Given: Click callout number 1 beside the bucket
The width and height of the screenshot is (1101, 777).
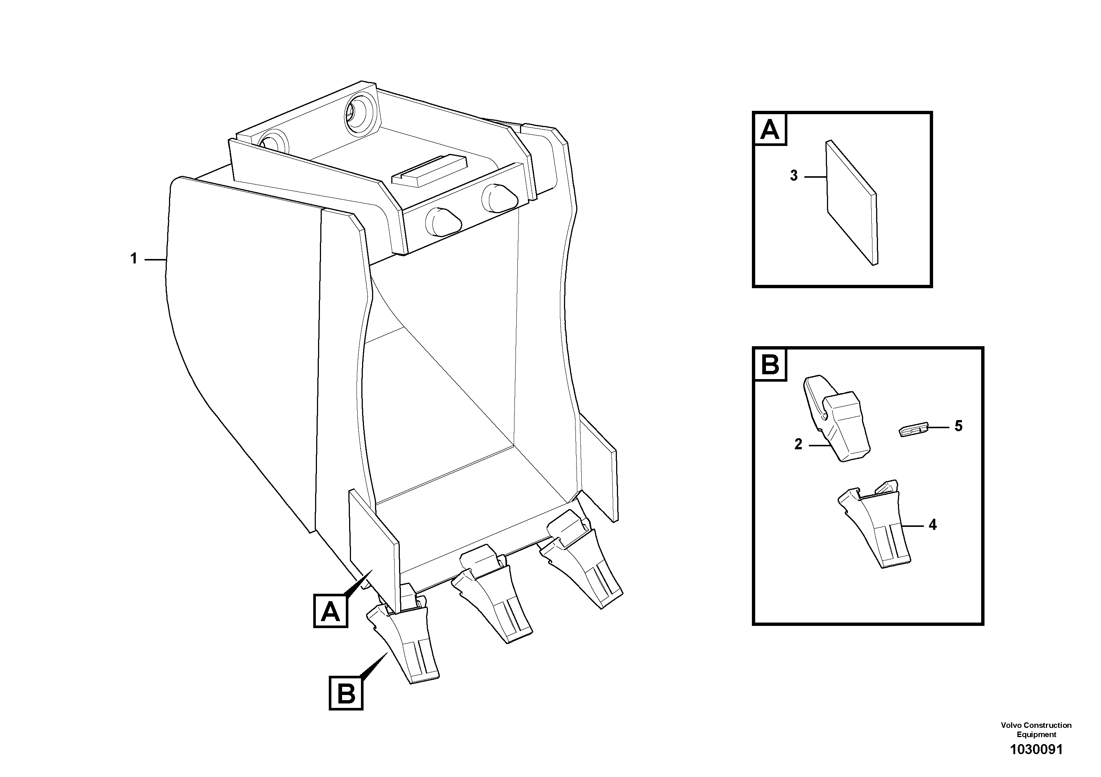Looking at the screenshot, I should tap(134, 259).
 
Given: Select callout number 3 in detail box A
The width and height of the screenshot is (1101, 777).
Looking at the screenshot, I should tap(794, 176).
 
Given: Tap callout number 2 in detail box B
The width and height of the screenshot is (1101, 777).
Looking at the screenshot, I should tap(798, 444).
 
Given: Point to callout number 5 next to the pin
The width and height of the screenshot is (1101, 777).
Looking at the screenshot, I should tap(958, 426).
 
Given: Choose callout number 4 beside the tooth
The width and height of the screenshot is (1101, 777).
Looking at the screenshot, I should tap(932, 525).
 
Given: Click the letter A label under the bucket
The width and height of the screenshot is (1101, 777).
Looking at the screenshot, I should tap(330, 611).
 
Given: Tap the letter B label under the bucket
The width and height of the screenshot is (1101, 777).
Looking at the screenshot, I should tap(346, 693).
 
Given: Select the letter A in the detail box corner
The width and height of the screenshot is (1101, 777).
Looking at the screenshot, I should tap(770, 129).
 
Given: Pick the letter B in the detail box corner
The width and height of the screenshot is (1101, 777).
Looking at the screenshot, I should tap(770, 365).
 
